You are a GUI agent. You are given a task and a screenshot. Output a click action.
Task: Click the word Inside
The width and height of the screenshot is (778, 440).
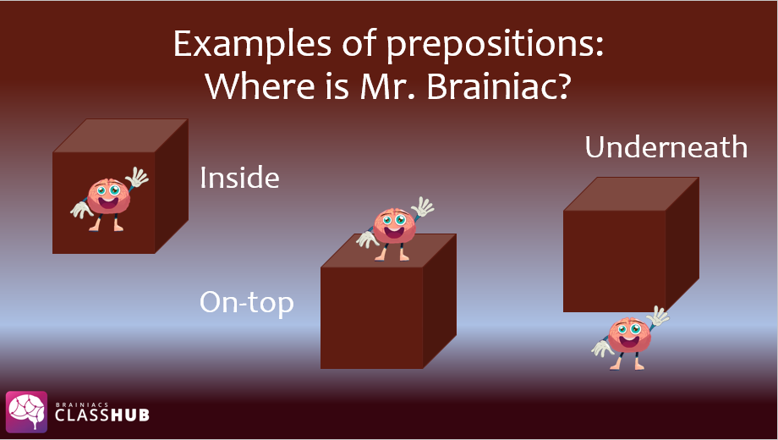(239, 178)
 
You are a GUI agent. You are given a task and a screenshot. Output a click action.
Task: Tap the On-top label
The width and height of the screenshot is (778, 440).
(247, 303)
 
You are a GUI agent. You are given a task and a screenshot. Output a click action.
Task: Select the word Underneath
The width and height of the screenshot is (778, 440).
(666, 147)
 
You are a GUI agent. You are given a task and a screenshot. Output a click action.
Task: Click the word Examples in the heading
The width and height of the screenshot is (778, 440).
(252, 44)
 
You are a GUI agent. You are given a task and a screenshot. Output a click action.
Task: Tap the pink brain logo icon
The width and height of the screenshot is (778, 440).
(27, 411)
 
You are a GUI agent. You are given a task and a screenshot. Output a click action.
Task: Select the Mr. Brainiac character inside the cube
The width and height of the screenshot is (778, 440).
(109, 200)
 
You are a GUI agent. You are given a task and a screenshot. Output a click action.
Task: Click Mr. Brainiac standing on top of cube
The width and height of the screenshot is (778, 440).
(395, 229)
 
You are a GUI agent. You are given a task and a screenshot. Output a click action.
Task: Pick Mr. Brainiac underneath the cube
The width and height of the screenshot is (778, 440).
(630, 338)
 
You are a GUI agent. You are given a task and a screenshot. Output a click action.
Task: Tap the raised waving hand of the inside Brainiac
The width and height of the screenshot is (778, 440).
(137, 177)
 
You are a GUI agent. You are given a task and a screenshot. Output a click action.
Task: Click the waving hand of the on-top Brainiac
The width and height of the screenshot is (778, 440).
(423, 206)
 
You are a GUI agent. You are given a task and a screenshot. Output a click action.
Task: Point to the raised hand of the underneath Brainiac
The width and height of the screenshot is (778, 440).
(658, 316)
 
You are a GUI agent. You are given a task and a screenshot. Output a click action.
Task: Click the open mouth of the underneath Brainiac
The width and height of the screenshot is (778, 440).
(628, 342)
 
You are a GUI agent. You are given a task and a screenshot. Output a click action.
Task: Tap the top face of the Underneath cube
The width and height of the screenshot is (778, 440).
(631, 194)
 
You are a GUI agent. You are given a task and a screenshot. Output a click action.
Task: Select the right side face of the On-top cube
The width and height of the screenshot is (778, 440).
(440, 301)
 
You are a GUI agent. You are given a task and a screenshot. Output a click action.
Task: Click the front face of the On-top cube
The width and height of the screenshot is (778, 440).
(371, 318)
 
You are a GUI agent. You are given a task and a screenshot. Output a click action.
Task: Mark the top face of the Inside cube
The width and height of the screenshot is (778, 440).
(121, 135)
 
